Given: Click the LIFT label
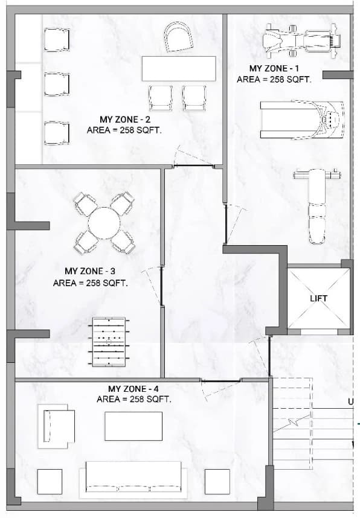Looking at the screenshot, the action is click(x=318, y=298).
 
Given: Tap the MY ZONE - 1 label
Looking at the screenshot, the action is click(x=274, y=68).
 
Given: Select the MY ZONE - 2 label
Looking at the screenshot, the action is click(x=125, y=120).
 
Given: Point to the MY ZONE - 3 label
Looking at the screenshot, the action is click(x=90, y=271).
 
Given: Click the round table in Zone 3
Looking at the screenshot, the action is click(x=104, y=223).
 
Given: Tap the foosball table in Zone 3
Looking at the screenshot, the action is click(x=109, y=342).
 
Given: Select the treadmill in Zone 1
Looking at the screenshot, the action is click(x=301, y=120).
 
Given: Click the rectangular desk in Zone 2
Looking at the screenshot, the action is click(x=179, y=69).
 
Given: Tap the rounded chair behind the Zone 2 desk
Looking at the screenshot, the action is click(x=179, y=37).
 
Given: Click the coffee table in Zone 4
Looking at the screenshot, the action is click(x=133, y=426).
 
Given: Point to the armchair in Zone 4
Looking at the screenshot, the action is click(x=56, y=426).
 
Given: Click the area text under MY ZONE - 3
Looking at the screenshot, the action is click(x=90, y=283).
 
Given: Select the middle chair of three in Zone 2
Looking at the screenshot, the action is click(x=57, y=85).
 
